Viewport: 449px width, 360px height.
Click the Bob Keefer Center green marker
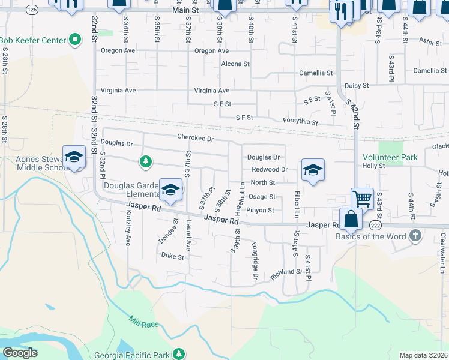pyautogui.click(x=75, y=40)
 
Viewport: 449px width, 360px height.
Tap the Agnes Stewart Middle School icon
pyautogui.click(x=74, y=157)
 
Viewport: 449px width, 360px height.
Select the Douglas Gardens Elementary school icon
pyautogui.click(x=171, y=191)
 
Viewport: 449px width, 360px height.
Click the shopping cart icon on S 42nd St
pyautogui.click(x=363, y=198)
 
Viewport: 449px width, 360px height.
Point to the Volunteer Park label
pyautogui.click(x=390, y=157)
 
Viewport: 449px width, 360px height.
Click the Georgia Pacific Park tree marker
pyautogui.click(x=178, y=354)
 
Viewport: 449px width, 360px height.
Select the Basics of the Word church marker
pyautogui.click(x=415, y=235)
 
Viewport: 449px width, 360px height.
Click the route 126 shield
pyautogui.click(x=32, y=10)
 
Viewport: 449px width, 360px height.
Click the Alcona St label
pyautogui.click(x=235, y=64)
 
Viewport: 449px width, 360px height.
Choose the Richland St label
pyautogui.click(x=285, y=272)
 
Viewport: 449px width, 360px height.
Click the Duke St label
pyautogui.click(x=172, y=256)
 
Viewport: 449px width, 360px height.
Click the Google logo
pyautogui.click(x=20, y=353)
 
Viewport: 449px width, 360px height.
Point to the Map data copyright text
pyautogui.click(x=423, y=355)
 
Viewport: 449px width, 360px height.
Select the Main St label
pyautogui.click(x=184, y=10)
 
